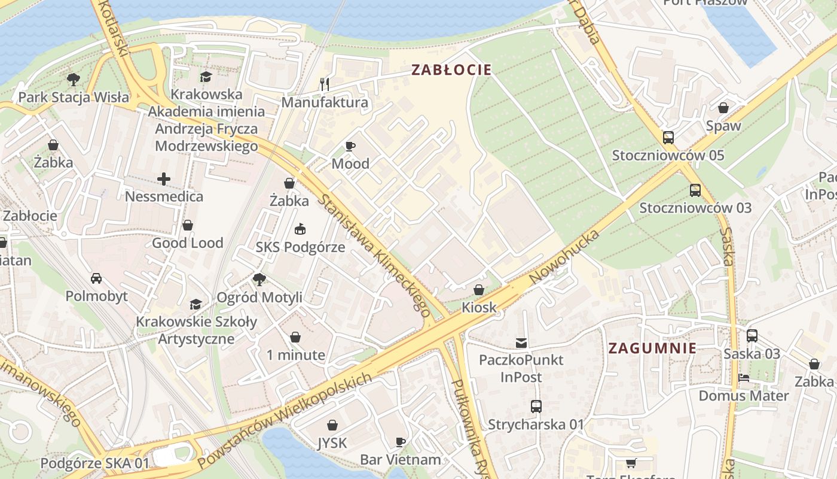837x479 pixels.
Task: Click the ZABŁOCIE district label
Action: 451,70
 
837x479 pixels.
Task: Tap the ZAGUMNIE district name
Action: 652,348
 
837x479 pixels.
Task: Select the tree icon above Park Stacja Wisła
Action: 74,79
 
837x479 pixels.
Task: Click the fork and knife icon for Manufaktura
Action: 325,84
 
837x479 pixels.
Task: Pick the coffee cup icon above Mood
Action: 350,146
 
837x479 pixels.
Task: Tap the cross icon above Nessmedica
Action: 164,178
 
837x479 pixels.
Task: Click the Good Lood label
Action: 187,243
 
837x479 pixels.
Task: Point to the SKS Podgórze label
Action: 300,247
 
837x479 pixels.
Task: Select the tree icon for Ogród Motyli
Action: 259,279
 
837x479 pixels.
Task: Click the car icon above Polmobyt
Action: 96,278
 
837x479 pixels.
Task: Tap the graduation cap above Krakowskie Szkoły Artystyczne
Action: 196,304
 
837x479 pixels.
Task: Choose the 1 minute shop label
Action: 296,355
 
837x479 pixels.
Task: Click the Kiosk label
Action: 479,308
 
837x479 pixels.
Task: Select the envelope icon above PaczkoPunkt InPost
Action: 521,343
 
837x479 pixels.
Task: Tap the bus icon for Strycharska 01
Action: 536,407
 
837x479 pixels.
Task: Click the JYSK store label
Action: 332,444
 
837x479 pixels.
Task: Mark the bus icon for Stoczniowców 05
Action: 668,138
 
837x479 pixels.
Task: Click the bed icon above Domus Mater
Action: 744,378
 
